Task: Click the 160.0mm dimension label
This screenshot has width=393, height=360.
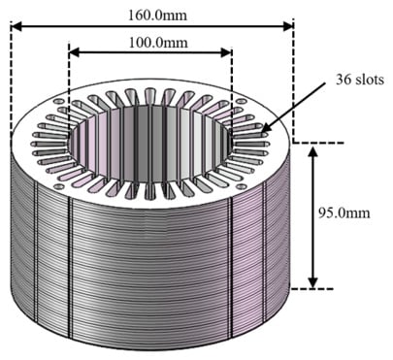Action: [157, 16]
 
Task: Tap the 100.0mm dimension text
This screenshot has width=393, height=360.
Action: [158, 43]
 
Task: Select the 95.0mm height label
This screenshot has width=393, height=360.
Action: [344, 213]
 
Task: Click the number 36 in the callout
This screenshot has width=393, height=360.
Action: [344, 80]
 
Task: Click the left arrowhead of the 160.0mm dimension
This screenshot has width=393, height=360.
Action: [16, 26]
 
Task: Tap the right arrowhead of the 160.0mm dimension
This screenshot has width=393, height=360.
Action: [288, 26]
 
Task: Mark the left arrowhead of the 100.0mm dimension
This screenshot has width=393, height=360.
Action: [75, 52]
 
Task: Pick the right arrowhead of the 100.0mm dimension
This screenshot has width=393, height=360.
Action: [226, 52]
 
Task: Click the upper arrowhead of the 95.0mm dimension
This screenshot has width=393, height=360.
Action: [312, 152]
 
